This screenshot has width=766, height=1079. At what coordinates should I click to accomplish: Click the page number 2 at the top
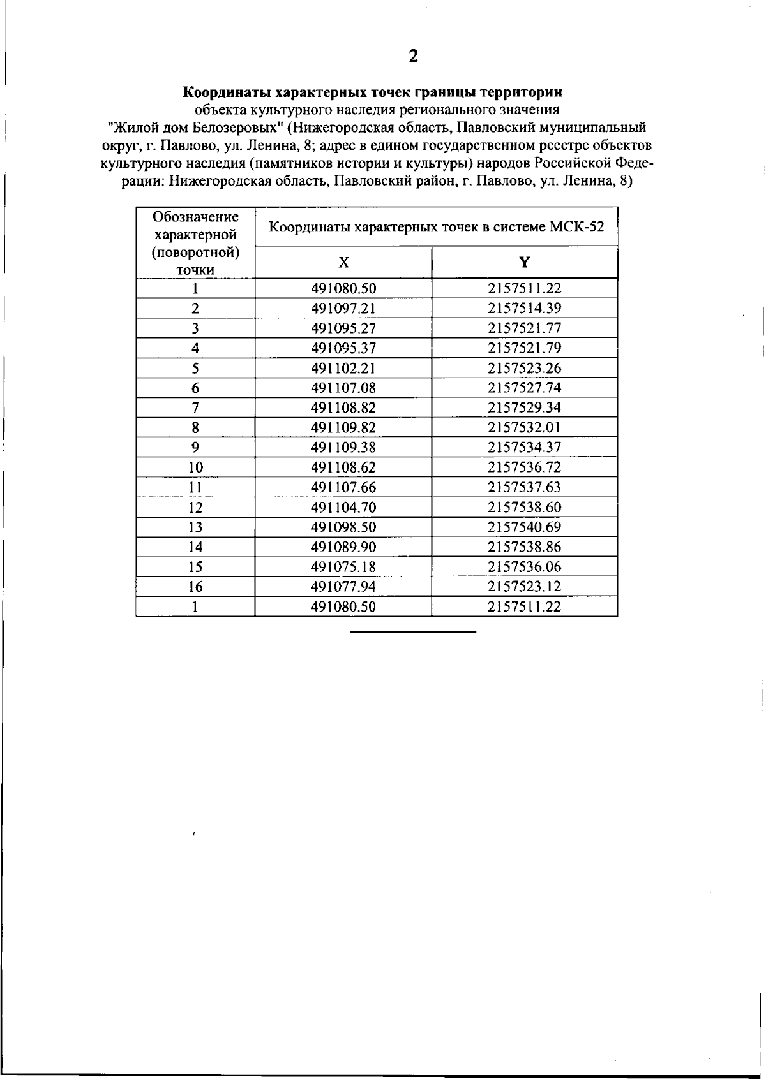coord(413,57)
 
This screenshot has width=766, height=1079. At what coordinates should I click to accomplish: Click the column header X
coord(343,263)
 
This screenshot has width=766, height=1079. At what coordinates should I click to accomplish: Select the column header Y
coord(524,263)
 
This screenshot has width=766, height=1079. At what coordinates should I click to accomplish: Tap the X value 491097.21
coord(343,309)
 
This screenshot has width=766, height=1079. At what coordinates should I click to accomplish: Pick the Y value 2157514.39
coord(524,309)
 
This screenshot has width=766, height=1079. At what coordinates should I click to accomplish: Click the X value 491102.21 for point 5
coord(343,368)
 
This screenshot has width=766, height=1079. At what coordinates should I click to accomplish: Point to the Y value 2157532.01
coord(524,428)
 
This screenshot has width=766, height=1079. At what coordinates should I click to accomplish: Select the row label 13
coord(195,527)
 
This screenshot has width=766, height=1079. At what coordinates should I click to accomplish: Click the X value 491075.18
coord(343,567)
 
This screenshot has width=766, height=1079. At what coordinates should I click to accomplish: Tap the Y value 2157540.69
coord(524,527)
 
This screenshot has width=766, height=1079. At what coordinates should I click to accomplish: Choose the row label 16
coord(195,587)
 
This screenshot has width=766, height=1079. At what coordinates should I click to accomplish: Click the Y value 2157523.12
coord(524,587)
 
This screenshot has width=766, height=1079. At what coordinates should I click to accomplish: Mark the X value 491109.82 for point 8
coord(343,428)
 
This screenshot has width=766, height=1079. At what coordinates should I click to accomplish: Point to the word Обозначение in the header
coord(195,217)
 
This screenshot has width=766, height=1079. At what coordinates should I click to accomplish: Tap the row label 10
coord(195,467)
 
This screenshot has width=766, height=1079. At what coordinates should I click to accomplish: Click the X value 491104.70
coord(343,508)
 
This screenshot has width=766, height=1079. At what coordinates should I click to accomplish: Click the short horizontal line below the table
coord(413,631)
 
